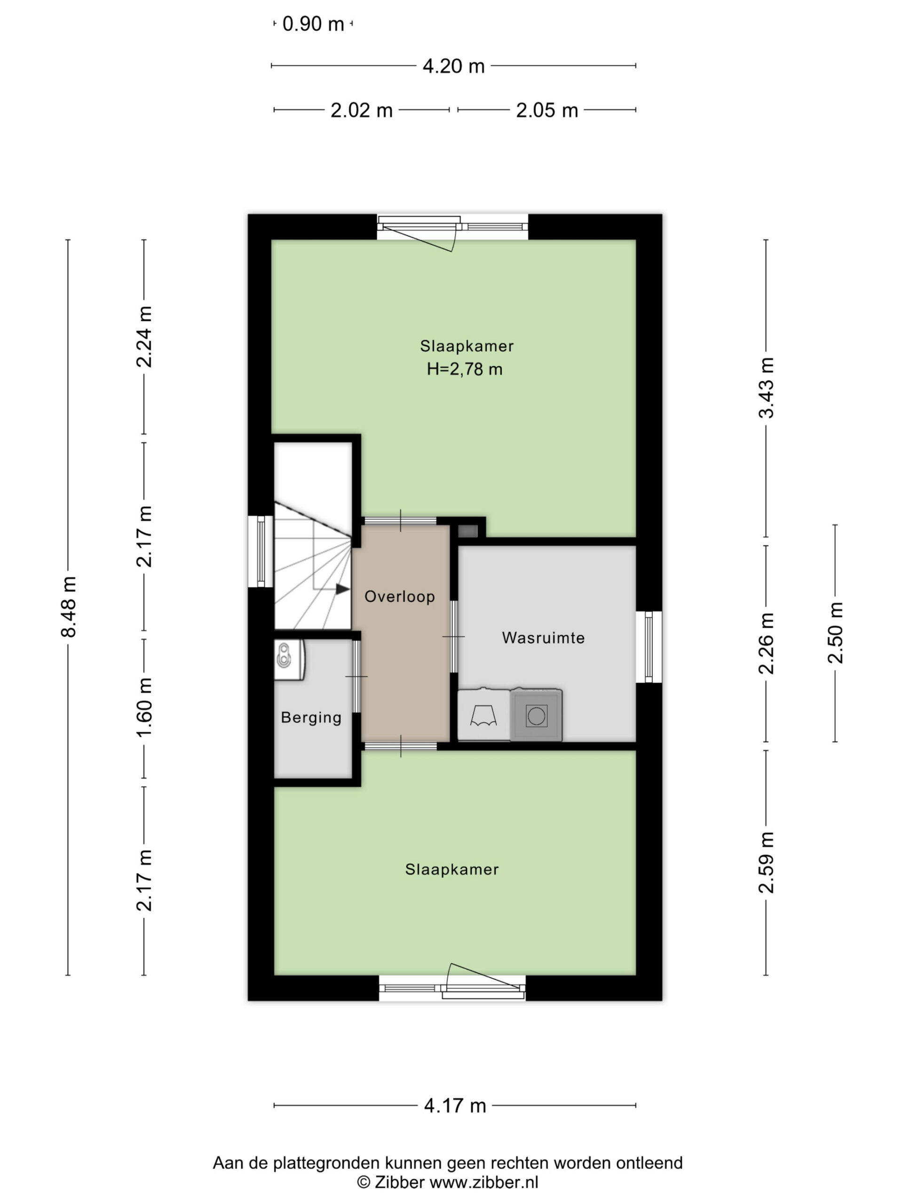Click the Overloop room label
point(399,596)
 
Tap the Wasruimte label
point(543,638)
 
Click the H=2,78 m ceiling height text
point(464,370)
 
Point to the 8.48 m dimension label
point(69,606)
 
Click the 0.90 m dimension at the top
point(314,24)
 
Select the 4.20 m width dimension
point(453,66)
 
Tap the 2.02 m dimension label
point(361,111)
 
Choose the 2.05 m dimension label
point(547,111)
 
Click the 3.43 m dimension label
point(767,388)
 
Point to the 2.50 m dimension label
point(835,633)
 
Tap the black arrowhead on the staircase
point(342,589)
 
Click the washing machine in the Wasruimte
point(536,715)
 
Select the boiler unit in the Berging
point(288,660)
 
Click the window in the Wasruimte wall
point(649,647)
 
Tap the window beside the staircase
point(261,551)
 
